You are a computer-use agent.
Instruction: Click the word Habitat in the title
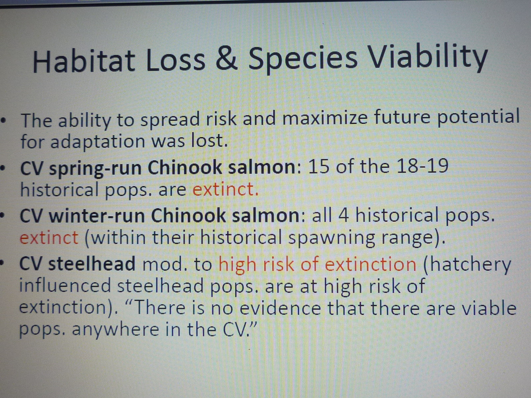click(x=83, y=59)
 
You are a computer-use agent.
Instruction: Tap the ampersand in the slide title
click(x=226, y=59)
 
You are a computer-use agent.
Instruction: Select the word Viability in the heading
click(x=428, y=59)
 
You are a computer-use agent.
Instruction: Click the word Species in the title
click(x=303, y=60)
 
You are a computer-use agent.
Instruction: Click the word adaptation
click(x=98, y=142)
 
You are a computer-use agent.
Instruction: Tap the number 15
click(x=318, y=166)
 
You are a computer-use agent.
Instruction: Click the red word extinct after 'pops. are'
click(x=225, y=189)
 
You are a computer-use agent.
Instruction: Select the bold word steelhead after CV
click(x=92, y=263)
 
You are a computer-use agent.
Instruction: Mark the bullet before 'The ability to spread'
click(x=3, y=120)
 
